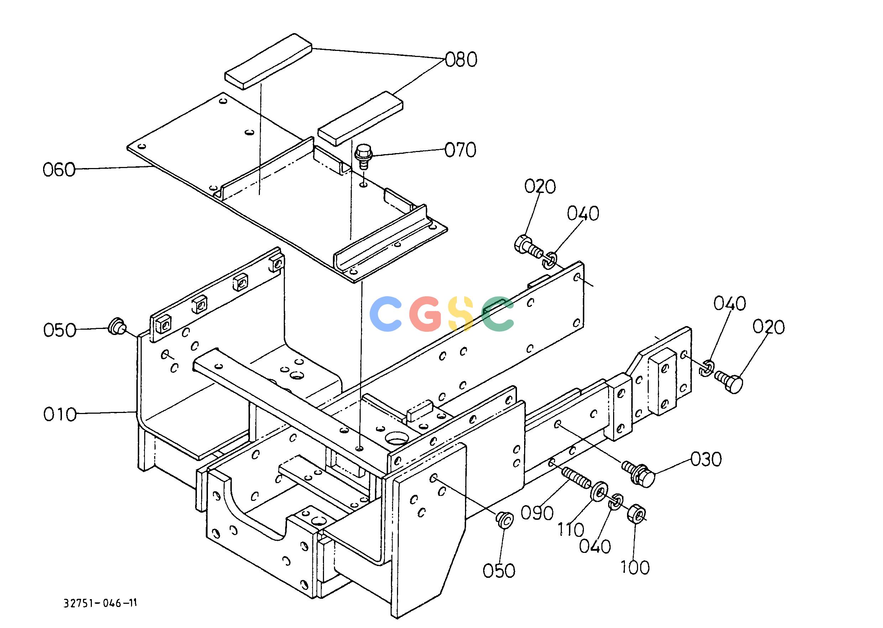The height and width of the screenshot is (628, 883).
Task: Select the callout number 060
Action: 59,170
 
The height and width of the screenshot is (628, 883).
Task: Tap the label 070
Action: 460,150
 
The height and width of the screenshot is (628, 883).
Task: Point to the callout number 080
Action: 461,60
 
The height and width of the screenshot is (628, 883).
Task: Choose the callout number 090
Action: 537,513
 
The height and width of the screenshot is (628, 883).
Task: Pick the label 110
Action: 571,529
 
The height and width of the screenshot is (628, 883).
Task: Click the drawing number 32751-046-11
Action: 100,603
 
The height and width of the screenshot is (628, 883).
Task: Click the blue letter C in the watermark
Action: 386,314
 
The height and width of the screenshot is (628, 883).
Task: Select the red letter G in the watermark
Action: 426,314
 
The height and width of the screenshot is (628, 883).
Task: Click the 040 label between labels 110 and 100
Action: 595,546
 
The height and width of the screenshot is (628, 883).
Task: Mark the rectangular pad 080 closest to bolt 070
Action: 360,118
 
